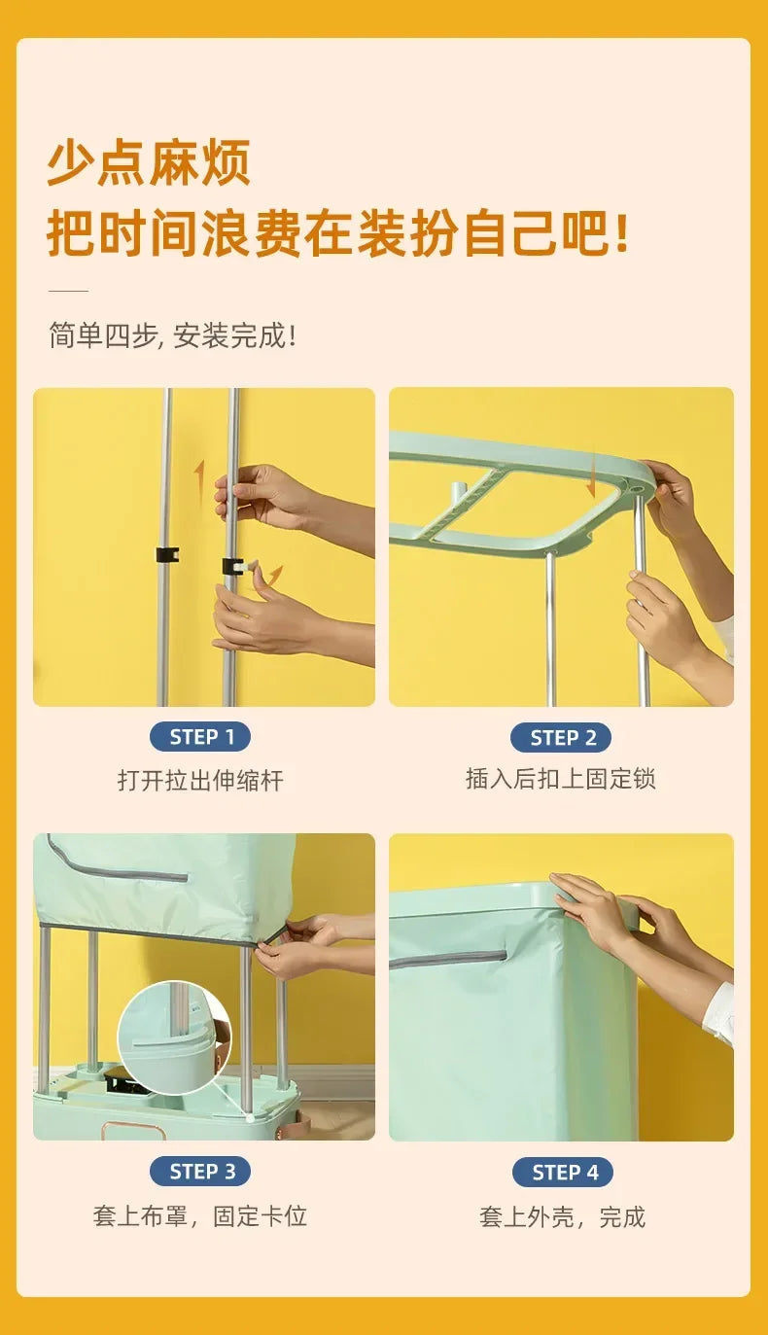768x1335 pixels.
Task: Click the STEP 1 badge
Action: coord(200,737)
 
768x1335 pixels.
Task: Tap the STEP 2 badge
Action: coord(561,737)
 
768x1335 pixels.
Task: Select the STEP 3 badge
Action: coord(200,1171)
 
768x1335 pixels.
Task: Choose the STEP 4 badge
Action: coord(563,1173)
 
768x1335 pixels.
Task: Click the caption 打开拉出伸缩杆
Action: coord(200,780)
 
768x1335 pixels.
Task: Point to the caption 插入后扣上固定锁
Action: coord(561,779)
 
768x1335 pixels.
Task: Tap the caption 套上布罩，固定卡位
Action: coord(200,1215)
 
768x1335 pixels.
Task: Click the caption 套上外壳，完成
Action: coord(563,1216)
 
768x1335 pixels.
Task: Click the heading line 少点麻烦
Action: coord(149,162)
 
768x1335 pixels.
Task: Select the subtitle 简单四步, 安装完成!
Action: coord(173,334)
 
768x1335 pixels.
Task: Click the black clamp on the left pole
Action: coord(167,555)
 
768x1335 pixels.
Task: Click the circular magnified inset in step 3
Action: coord(175,1037)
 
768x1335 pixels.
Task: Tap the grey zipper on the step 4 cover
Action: coord(447,957)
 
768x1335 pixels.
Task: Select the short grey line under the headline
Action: coord(68,291)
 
